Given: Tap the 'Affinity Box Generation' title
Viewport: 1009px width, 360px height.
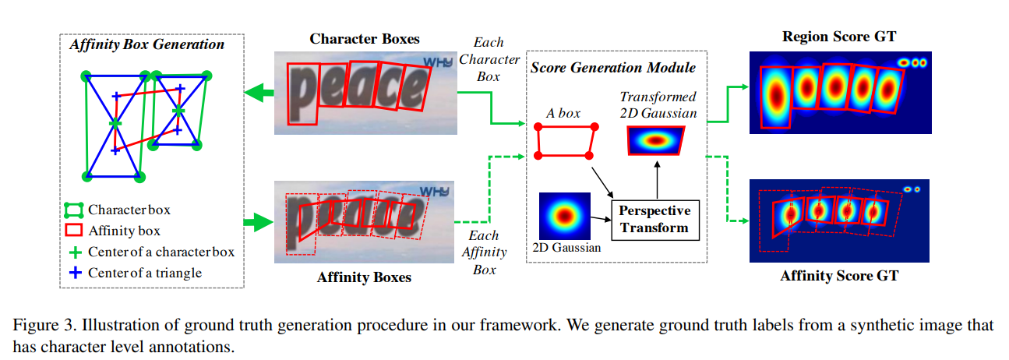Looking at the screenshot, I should (146, 44).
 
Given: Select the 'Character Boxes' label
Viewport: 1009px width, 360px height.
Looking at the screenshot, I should (365, 39).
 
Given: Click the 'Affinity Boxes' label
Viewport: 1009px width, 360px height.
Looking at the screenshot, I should (364, 277).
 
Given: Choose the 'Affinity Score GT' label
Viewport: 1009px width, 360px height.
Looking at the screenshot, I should (838, 276).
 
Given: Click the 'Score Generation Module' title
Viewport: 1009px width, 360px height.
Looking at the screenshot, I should (613, 68).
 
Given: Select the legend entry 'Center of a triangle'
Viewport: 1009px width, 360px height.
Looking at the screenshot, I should (145, 273).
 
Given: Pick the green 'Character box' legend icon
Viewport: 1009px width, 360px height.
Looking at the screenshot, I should (74, 210).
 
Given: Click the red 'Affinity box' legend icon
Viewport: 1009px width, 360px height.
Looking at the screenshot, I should (74, 231).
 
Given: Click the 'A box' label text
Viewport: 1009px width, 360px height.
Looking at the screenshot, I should (563, 113).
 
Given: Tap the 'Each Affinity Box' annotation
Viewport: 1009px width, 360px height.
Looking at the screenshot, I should (484, 252).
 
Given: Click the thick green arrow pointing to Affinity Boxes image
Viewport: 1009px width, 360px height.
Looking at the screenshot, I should (258, 224).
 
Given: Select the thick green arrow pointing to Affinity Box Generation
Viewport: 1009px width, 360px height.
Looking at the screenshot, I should (258, 94).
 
